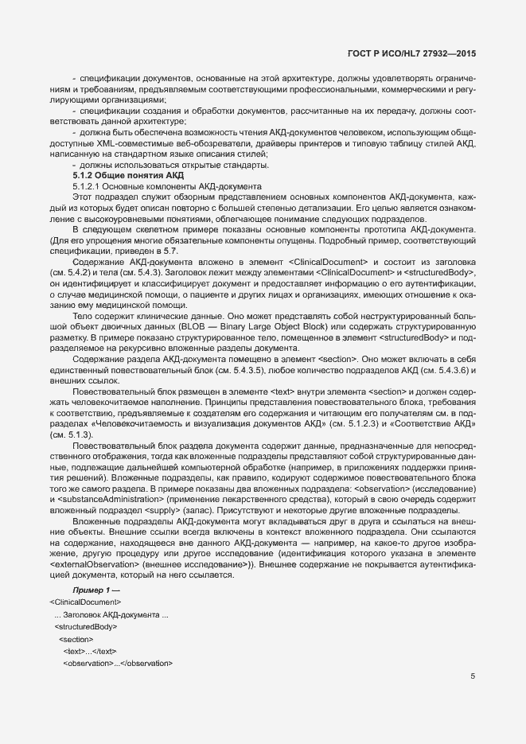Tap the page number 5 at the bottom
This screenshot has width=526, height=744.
[x=473, y=677]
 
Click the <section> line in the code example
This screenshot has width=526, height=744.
[x=76, y=639]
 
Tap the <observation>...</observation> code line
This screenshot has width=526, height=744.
[x=118, y=663]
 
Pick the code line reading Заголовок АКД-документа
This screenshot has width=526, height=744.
[x=111, y=615]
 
